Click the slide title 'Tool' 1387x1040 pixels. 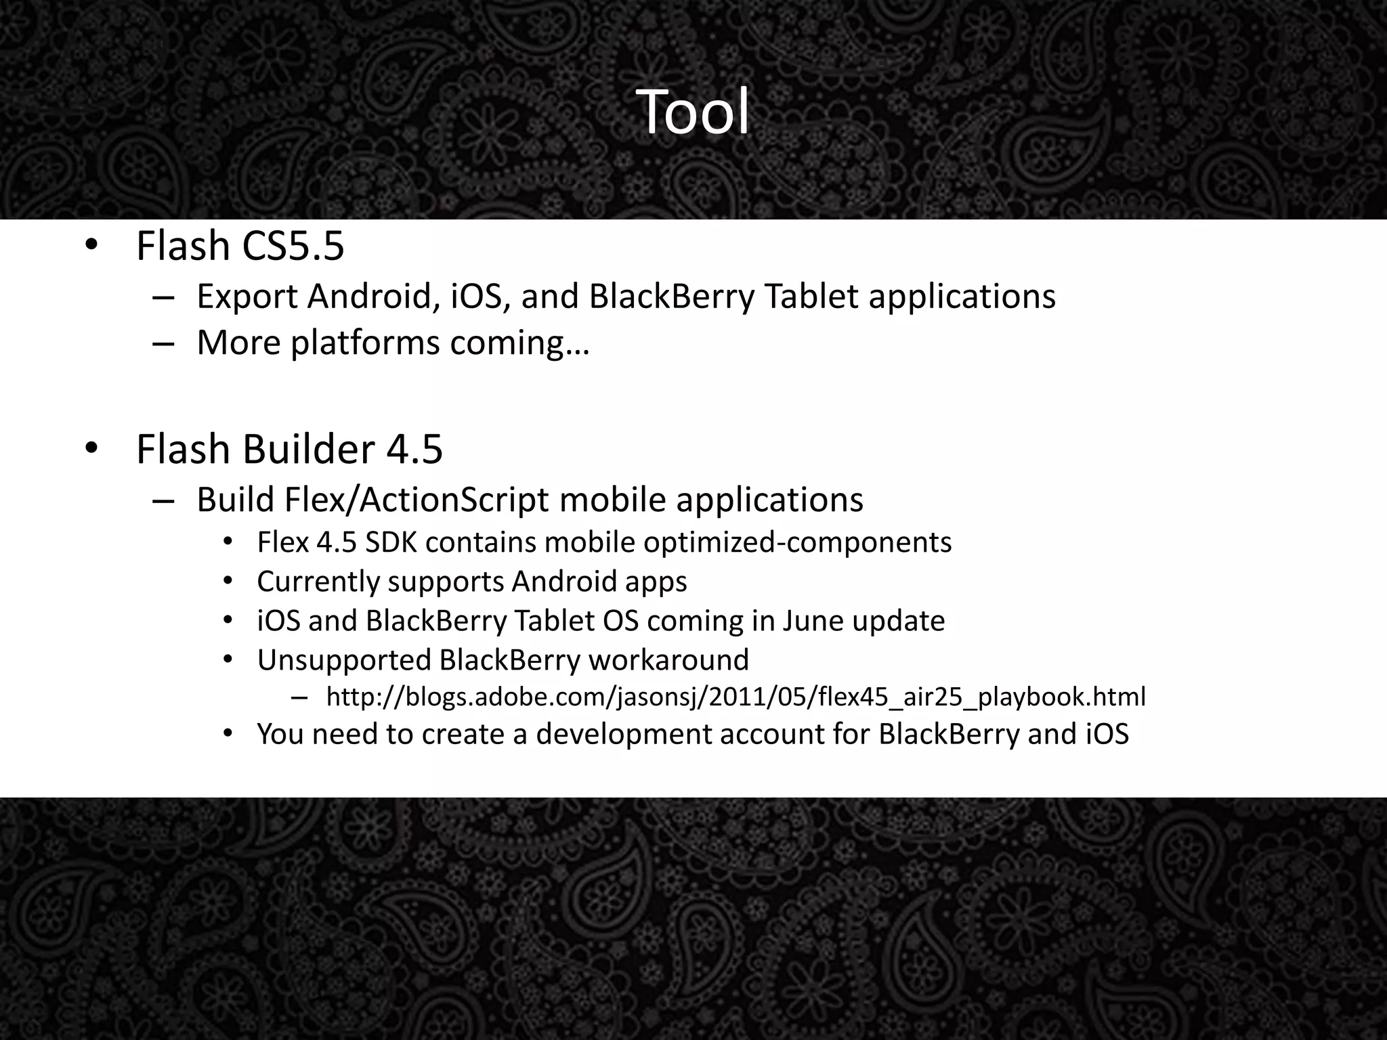(693, 112)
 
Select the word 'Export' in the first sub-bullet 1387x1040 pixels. (247, 297)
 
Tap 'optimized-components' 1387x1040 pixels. (797, 543)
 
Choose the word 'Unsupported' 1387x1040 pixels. (344, 660)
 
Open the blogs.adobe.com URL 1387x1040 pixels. (735, 697)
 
